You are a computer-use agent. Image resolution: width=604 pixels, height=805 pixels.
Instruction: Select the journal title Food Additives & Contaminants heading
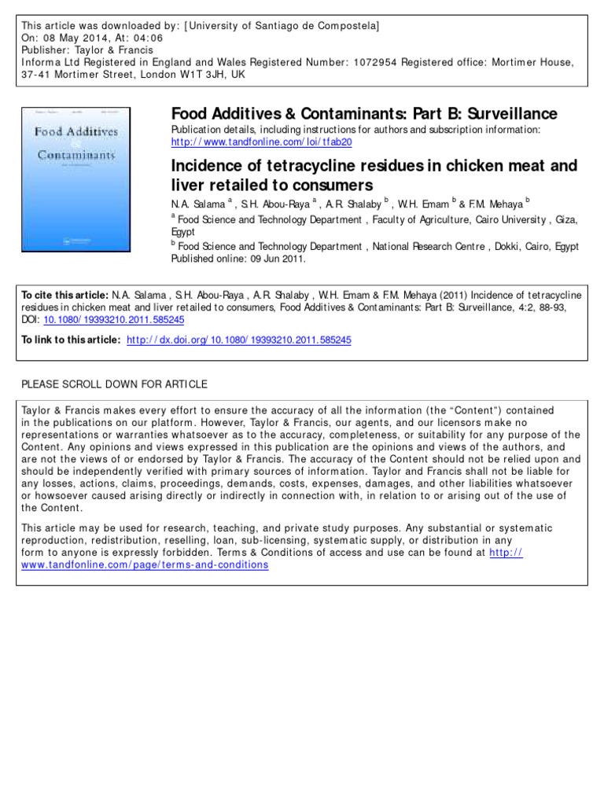pyautogui.click(x=364, y=114)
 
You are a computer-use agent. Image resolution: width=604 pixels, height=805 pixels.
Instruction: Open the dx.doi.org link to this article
pyautogui.click(x=239, y=340)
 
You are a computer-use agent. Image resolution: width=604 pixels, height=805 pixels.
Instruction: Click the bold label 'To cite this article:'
pyautogui.click(x=64, y=295)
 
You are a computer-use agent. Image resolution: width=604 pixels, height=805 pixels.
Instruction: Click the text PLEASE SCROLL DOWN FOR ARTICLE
pyautogui.click(x=114, y=384)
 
